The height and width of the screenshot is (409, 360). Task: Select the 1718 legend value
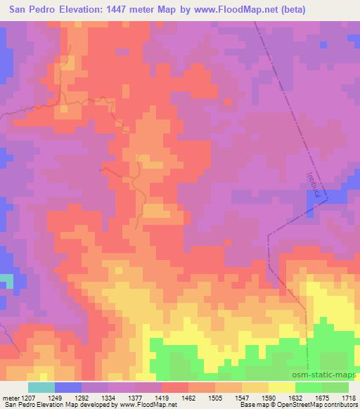pyautogui.click(x=349, y=398)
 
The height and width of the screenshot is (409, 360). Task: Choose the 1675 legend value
pyautogui.click(x=320, y=398)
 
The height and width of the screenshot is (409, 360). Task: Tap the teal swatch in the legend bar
pyautogui.click(x=41, y=387)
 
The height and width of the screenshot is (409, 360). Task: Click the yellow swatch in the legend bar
pyautogui.click(x=282, y=387)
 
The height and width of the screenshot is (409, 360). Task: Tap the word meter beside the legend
pyautogui.click(x=11, y=398)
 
